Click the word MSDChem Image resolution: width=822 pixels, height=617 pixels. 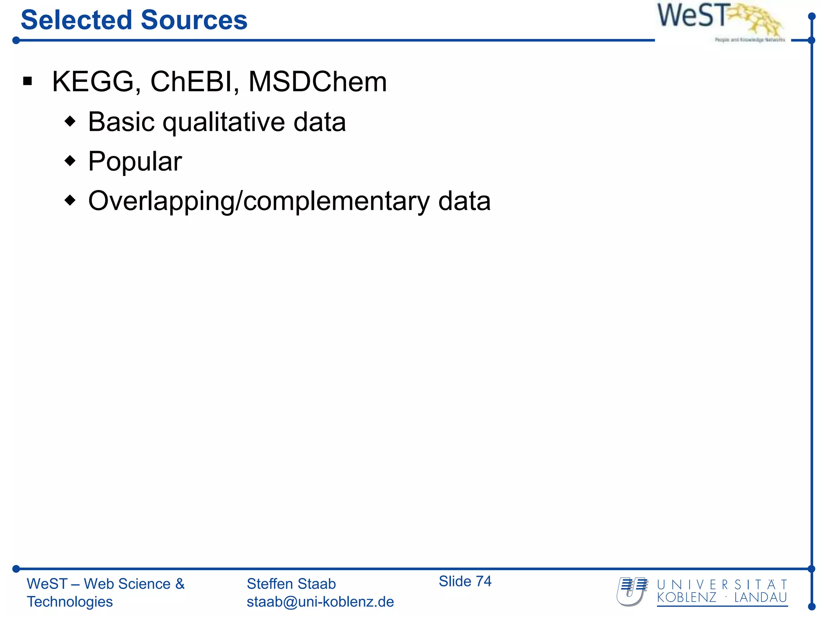click(317, 82)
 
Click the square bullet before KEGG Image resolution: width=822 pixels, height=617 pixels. click(27, 82)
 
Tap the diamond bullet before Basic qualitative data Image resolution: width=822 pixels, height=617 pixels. click(70, 121)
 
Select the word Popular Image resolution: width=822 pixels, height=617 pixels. click(135, 161)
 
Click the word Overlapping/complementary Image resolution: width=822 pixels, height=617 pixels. click(259, 201)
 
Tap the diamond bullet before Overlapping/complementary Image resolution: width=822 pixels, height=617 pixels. click(70, 200)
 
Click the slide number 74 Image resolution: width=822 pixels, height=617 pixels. click(483, 581)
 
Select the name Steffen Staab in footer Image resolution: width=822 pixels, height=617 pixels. click(291, 584)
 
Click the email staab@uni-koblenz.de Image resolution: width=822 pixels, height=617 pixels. click(320, 602)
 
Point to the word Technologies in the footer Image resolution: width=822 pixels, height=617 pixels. click(70, 602)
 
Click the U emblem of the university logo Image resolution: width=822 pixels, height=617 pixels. click(632, 591)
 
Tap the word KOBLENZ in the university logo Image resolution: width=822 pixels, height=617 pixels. click(686, 598)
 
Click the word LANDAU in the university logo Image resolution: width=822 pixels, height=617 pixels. click(760, 598)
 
